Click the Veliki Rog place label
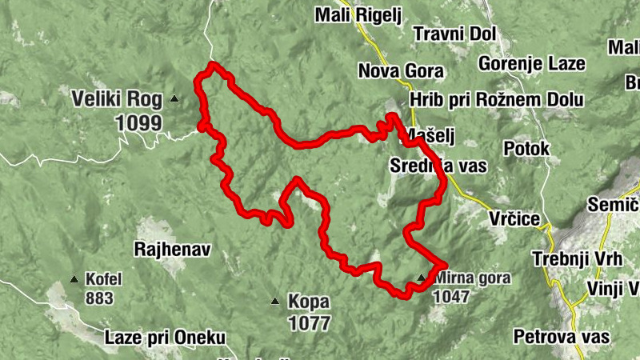click(115, 101)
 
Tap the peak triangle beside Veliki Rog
click(174, 99)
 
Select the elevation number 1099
click(138, 123)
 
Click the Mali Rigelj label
click(357, 15)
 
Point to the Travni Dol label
click(454, 34)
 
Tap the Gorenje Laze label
click(531, 63)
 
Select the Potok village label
click(526, 149)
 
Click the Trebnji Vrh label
click(570, 259)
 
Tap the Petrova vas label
click(562, 337)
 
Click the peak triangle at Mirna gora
click(422, 278)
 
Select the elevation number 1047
click(451, 295)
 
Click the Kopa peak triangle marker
click(274, 302)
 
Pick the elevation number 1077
click(308, 323)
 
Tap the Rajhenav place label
click(172, 250)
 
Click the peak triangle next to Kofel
click(74, 279)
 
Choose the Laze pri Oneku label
click(165, 338)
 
